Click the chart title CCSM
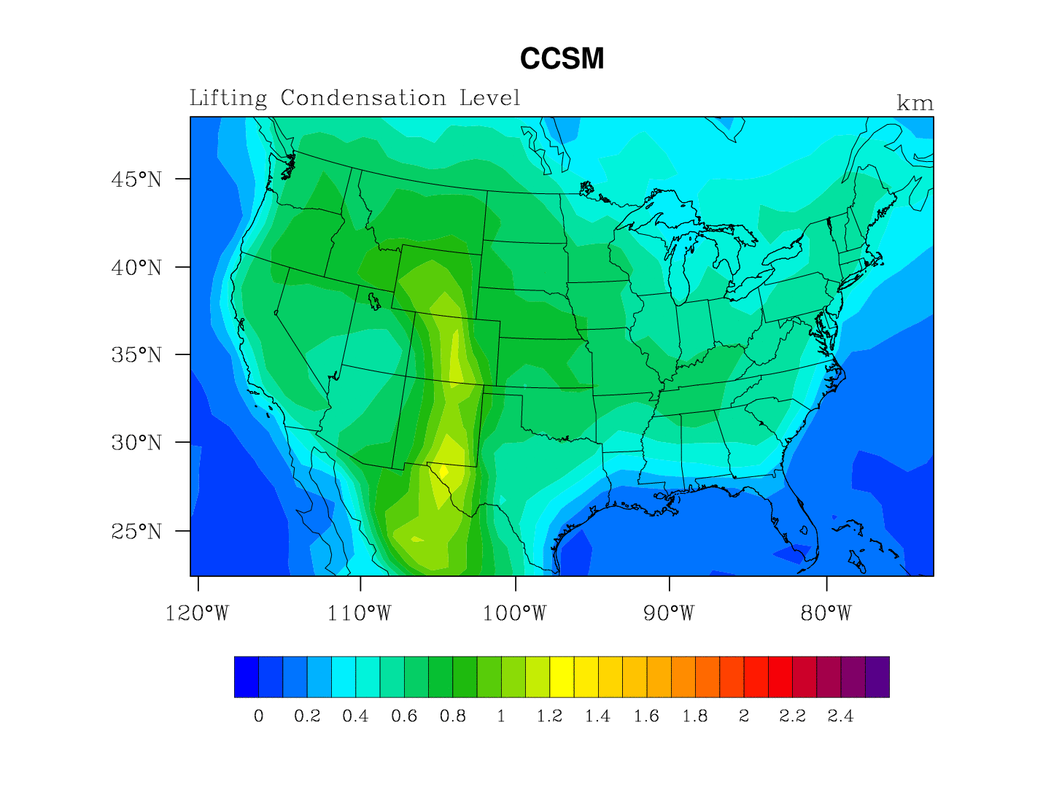point(562,59)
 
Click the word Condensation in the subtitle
point(363,98)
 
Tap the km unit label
point(915,104)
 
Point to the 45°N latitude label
point(136,179)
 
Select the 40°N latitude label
point(136,268)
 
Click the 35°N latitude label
point(136,355)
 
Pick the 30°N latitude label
point(136,443)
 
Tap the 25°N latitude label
point(136,531)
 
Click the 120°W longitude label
point(197,613)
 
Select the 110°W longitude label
point(359,613)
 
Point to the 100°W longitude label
point(514,613)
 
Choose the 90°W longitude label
point(669,613)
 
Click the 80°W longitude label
point(826,613)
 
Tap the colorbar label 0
point(258,716)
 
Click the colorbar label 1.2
point(549,716)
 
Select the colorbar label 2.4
point(840,716)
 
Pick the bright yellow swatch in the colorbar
point(562,677)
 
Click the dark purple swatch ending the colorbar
point(877,677)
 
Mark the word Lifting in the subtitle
point(228,98)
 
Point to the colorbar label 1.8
point(695,716)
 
